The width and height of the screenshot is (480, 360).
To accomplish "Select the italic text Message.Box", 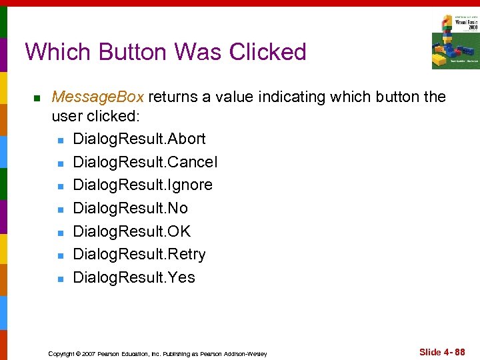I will coord(98,97).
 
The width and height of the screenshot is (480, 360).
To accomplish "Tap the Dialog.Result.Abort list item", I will coord(139,139).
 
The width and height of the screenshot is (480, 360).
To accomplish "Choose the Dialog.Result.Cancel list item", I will coord(145,162).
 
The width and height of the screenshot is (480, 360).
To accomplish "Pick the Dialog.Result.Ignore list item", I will coord(142,185).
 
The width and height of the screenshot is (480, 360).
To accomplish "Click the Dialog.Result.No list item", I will coord(130,208).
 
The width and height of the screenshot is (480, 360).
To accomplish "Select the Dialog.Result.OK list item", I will coord(131,231).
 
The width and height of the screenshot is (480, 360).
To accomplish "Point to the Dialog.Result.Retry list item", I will coord(139,254).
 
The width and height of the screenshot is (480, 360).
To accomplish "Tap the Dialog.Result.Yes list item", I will coord(133,277).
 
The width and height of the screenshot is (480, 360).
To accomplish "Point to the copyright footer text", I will coord(157,353).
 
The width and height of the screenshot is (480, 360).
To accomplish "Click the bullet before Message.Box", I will coord(37,99).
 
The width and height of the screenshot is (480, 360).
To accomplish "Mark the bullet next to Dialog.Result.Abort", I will coord(60,140).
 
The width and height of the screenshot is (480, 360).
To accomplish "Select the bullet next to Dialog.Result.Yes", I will coord(60,279).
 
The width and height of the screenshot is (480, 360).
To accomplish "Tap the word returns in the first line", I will coord(173,97).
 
